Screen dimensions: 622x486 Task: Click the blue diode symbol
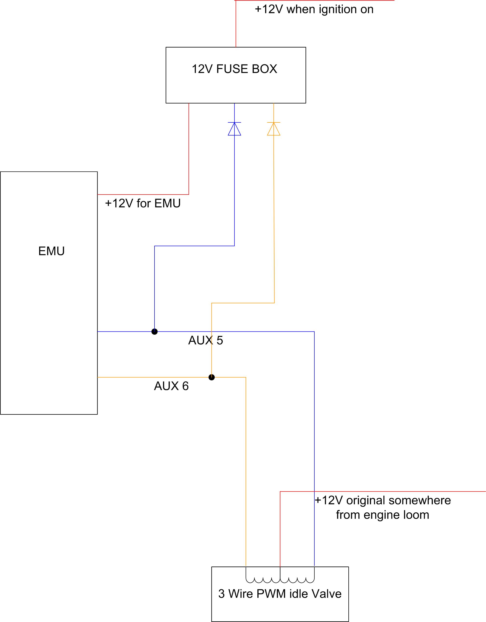(234, 129)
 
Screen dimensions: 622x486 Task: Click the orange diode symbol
(274, 129)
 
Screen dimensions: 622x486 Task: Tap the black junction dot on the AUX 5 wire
(154, 332)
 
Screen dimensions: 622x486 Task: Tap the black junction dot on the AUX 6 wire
(211, 377)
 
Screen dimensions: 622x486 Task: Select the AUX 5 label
(205, 340)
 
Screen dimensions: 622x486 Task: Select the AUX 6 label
(171, 386)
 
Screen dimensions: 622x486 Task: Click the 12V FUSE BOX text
(234, 69)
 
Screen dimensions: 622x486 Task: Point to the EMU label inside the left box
(51, 251)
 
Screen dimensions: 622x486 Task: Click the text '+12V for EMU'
(143, 203)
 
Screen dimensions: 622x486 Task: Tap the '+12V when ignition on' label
(314, 9)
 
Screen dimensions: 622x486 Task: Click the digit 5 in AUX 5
(219, 340)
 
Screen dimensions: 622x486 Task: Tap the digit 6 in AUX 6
(185, 386)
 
